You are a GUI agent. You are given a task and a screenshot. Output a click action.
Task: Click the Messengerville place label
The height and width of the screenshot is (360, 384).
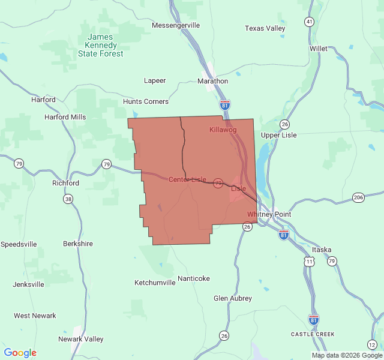tap(176, 25)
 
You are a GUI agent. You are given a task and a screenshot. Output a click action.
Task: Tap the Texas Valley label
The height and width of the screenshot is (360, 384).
tap(265, 28)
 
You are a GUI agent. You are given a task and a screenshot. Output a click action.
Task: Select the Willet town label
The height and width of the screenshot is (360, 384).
tap(319, 48)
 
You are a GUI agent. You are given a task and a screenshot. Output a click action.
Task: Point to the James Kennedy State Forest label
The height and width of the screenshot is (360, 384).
tap(101, 46)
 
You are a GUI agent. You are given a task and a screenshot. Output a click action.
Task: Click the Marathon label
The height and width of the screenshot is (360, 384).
tap(213, 81)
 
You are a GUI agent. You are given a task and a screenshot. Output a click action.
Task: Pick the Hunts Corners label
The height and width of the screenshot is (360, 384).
tap(146, 101)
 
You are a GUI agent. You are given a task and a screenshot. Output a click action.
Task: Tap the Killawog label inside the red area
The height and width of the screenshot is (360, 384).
tap(223, 130)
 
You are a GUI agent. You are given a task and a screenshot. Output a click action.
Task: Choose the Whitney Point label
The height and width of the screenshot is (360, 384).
tap(269, 214)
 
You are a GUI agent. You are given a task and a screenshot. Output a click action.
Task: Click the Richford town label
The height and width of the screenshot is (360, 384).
tap(65, 183)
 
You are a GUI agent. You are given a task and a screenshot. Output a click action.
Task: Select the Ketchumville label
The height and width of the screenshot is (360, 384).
tap(155, 282)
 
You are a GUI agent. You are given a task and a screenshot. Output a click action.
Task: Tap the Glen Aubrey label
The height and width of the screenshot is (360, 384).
tap(233, 298)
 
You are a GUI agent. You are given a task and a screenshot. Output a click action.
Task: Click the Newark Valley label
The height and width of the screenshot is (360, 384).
tap(81, 339)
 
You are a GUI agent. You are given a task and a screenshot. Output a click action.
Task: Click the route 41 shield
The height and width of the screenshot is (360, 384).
tap(309, 22)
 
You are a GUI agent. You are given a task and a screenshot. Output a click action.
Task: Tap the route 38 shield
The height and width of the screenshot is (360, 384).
tap(68, 199)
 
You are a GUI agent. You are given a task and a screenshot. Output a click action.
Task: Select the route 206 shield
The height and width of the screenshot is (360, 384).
tap(359, 197)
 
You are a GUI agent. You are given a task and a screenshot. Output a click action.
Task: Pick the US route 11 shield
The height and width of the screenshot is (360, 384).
tap(309, 262)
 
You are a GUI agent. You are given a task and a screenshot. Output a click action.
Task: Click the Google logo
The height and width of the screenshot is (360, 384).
tap(20, 353)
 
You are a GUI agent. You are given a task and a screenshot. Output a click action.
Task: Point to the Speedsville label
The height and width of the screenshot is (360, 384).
tap(19, 244)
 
